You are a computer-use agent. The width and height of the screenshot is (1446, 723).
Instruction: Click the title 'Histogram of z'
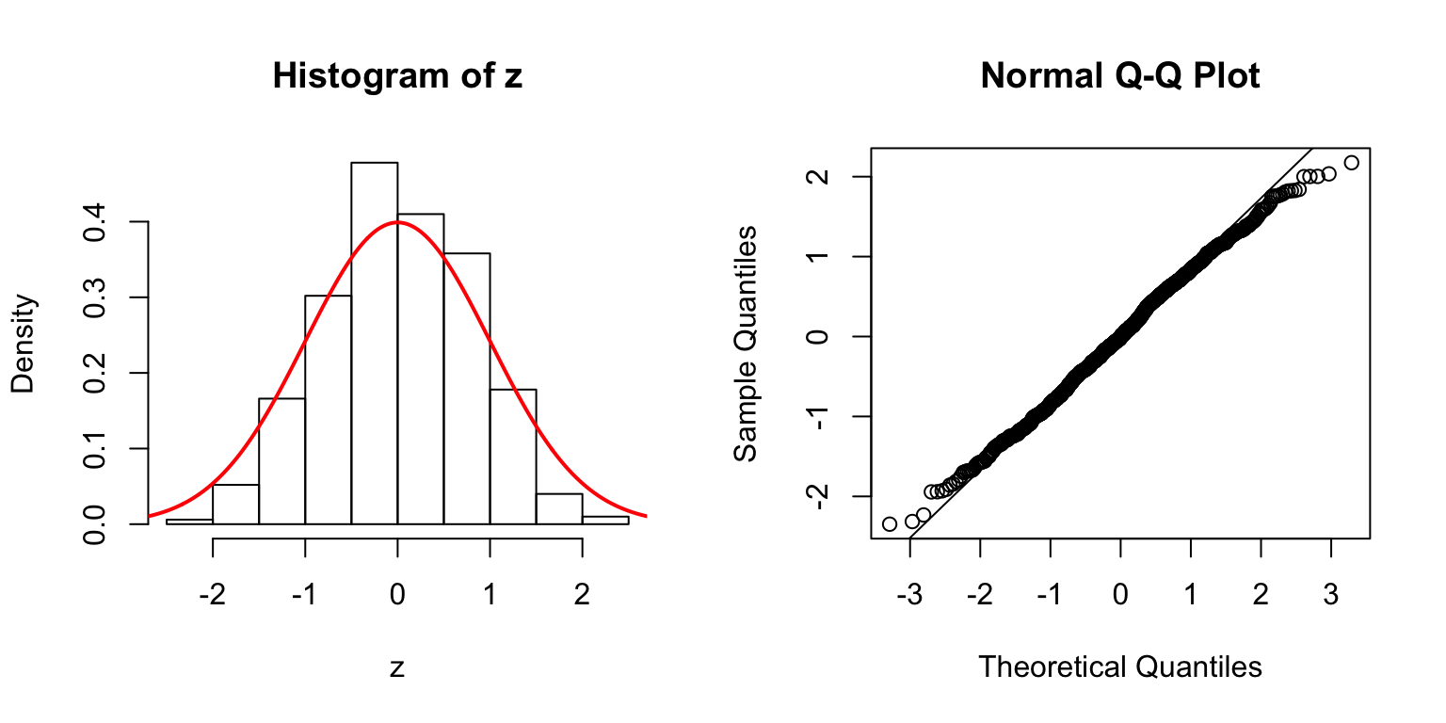[397, 76]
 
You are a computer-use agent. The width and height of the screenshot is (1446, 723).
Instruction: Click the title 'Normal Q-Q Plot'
[1119, 76]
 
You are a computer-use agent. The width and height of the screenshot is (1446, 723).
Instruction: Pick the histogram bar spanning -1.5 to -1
[281, 460]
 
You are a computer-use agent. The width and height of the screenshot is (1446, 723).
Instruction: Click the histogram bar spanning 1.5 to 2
[559, 508]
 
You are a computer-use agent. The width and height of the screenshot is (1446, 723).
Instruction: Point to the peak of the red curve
[397, 222]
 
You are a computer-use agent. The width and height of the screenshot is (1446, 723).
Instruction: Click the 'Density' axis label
[23, 344]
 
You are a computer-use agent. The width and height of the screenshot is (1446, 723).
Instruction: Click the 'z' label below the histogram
[397, 668]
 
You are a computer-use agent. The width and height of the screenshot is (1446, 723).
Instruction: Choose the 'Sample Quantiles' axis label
[745, 344]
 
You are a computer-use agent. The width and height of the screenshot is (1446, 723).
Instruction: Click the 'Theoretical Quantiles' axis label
[1119, 667]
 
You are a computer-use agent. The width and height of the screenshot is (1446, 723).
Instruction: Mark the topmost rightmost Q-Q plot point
[1351, 163]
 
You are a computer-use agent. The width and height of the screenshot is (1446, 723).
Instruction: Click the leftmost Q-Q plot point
[890, 523]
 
